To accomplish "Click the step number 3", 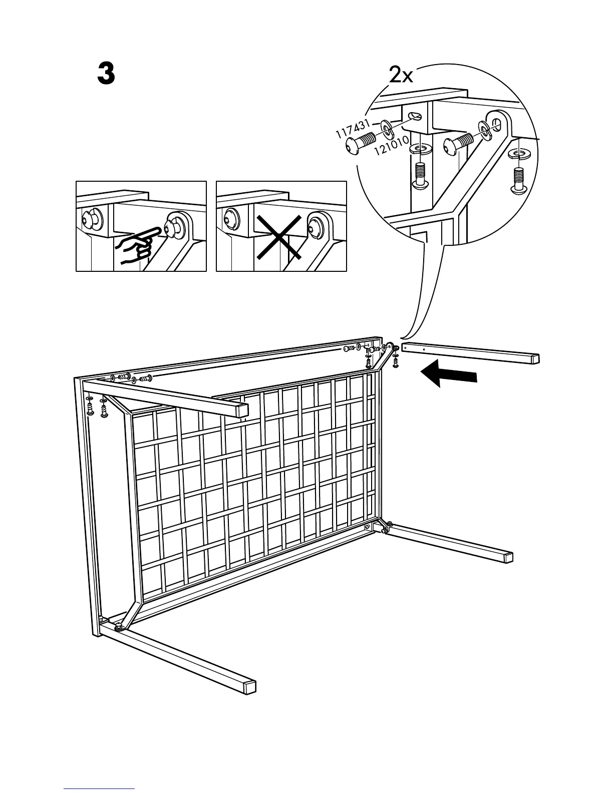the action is click(x=106, y=75).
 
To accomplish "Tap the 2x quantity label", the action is click(x=401, y=76).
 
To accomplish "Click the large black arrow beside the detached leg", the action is click(x=448, y=374).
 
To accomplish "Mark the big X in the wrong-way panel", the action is click(x=279, y=237).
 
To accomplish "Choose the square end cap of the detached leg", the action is click(x=535, y=358).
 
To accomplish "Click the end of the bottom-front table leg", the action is click(x=250, y=687).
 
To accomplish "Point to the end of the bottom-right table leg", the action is click(x=508, y=557).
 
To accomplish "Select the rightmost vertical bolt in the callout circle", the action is click(x=518, y=181).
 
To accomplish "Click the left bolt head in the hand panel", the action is click(x=91, y=218).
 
